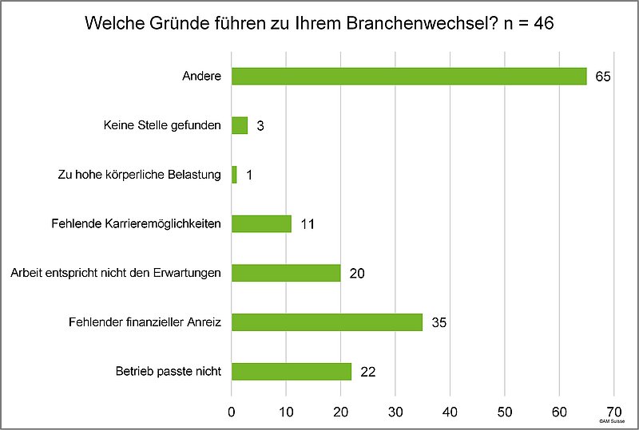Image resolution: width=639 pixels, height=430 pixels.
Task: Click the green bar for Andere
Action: [x=409, y=77]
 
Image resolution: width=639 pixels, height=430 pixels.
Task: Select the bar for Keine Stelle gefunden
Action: [x=240, y=125]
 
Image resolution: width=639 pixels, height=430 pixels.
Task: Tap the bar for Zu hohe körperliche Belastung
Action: [x=234, y=175]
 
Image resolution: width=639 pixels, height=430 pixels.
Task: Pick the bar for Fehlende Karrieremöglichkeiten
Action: [x=261, y=223]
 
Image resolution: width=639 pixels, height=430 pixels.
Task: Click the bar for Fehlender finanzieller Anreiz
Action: [x=327, y=322]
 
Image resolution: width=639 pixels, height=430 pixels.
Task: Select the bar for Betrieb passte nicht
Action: [x=292, y=371]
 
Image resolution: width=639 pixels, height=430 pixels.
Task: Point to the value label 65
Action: [x=603, y=77]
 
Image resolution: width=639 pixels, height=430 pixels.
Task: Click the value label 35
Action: [x=439, y=323]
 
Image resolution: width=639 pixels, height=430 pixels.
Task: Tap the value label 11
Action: [x=308, y=224]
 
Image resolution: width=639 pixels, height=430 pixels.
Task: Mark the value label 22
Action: [x=367, y=372]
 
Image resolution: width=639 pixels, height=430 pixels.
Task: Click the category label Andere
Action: [x=200, y=77]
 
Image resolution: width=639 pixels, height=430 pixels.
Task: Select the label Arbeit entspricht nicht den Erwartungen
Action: [x=115, y=274]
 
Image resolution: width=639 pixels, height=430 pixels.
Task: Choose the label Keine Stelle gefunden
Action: [x=162, y=126]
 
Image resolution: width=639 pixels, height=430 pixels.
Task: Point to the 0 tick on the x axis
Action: [x=232, y=412]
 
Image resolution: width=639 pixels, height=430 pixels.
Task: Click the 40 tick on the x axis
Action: [x=450, y=412]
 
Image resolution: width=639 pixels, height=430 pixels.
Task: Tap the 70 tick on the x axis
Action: [x=613, y=412]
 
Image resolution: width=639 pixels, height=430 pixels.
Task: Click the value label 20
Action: [x=356, y=274]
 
